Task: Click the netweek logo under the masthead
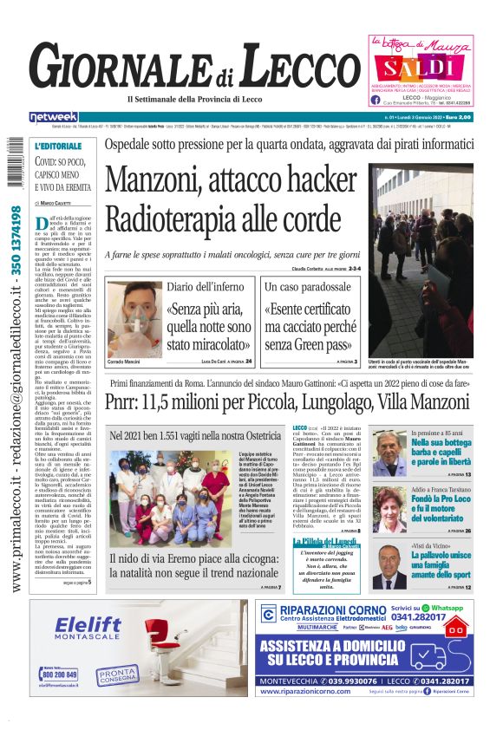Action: [x=53, y=117]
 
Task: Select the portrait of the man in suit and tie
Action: [x=391, y=565]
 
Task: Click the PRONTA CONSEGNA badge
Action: [x=116, y=674]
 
